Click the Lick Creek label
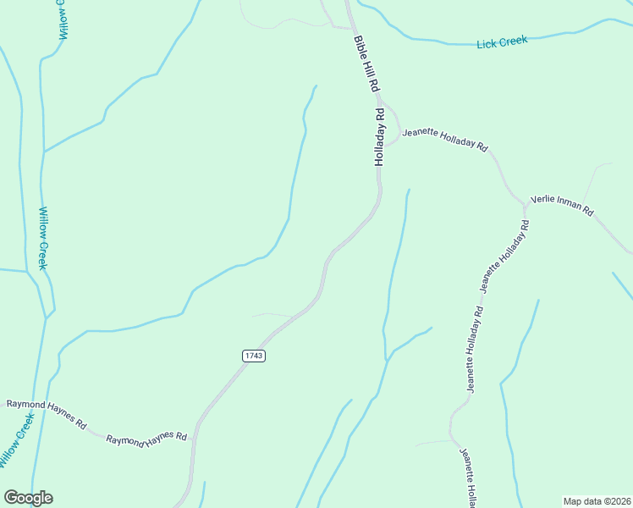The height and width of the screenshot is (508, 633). [x=502, y=41]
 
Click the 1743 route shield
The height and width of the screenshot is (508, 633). [x=254, y=356]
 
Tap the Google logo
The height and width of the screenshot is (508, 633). [x=28, y=498]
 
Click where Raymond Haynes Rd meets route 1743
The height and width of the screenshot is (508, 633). [x=194, y=439]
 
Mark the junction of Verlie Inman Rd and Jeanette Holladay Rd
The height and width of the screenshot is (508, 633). [x=524, y=204]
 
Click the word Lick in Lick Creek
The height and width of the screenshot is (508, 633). [x=486, y=42]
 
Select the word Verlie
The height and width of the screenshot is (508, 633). [x=542, y=201]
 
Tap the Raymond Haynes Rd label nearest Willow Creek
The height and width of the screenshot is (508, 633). [x=47, y=412]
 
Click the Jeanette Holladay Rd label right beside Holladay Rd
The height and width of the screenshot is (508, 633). [x=444, y=139]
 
